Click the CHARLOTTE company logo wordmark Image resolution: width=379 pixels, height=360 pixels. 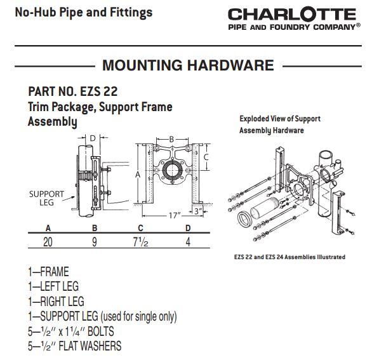(x=292, y=14)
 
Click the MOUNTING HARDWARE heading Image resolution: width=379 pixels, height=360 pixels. (x=188, y=65)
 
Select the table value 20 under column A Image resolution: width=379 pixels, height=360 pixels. (x=48, y=242)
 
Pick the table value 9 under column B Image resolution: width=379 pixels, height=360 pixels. (x=95, y=242)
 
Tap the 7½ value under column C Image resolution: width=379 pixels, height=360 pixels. (x=140, y=242)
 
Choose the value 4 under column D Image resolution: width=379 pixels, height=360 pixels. (x=188, y=242)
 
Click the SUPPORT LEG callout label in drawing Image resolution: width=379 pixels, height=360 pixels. (x=46, y=198)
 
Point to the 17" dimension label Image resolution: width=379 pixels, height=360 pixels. (x=175, y=215)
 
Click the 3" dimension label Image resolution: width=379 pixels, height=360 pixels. (x=198, y=211)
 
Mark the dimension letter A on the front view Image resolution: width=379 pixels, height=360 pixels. (x=138, y=175)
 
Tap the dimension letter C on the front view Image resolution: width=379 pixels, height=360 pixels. (x=206, y=157)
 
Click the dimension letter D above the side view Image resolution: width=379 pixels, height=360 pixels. (x=93, y=138)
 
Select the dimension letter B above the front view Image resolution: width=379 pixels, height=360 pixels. (x=171, y=139)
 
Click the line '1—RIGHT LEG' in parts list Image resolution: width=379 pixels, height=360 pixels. (x=56, y=301)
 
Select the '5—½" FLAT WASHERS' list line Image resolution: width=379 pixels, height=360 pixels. (x=75, y=346)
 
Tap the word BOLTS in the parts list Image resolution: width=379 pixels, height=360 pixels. (x=100, y=331)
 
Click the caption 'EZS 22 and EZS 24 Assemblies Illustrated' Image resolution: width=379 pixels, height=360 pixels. (x=289, y=257)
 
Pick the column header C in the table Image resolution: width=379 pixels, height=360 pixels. (x=140, y=228)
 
